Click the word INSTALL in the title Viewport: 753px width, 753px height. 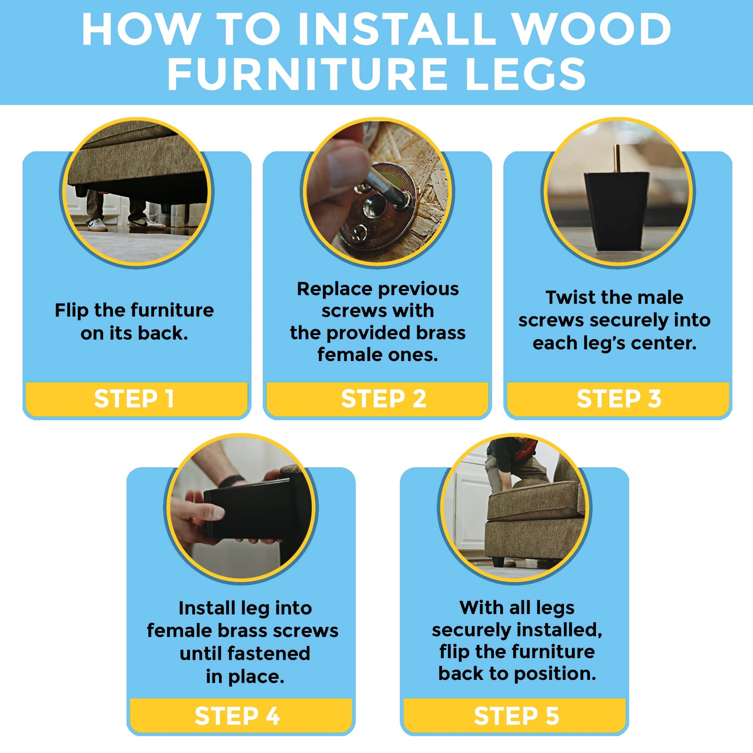click(x=393, y=30)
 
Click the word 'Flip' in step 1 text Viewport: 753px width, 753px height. click(x=71, y=311)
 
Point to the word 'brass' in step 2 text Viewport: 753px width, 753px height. click(x=440, y=333)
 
